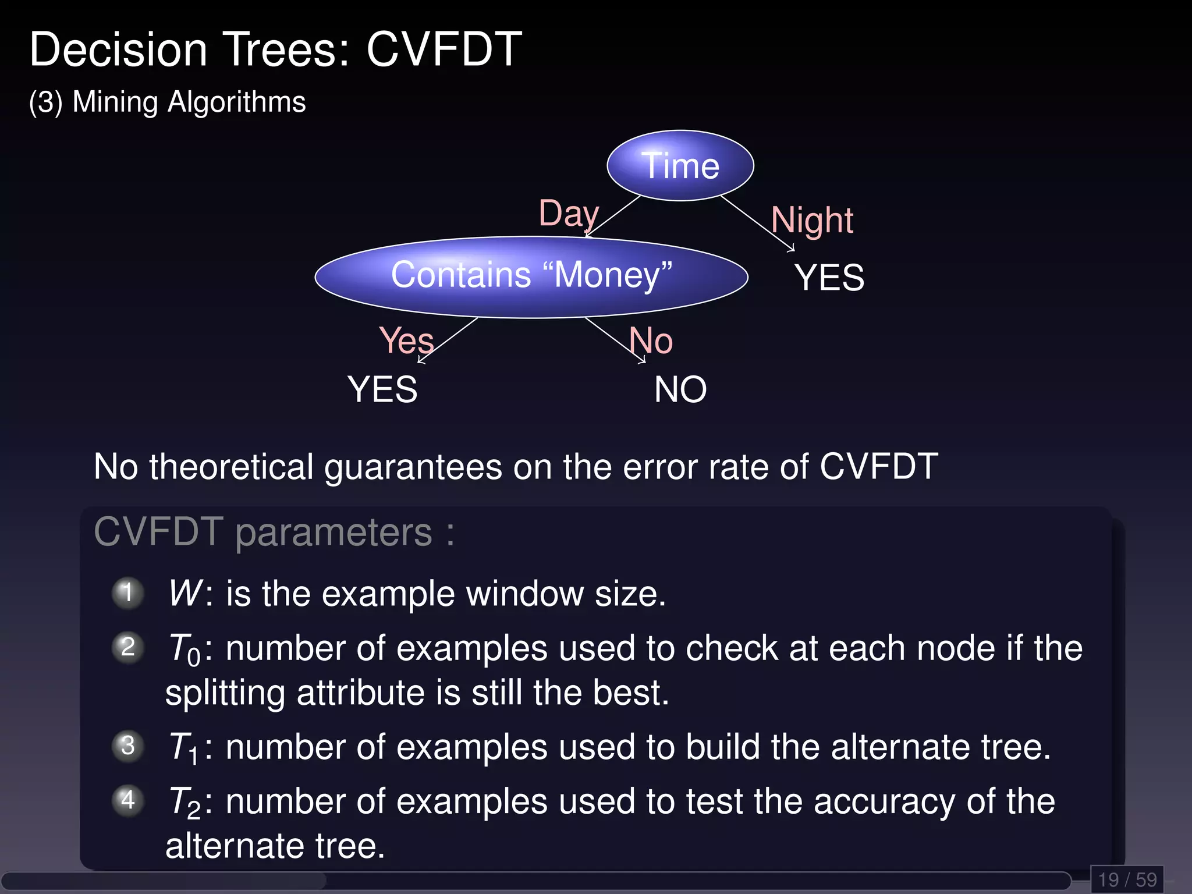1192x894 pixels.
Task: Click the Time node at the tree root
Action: (x=680, y=166)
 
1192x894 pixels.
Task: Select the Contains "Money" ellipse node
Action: (x=531, y=276)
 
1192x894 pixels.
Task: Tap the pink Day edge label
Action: (x=568, y=214)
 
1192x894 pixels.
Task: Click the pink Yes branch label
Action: (x=406, y=340)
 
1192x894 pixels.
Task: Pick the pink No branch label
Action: (x=651, y=340)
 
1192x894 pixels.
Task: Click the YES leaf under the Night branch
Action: (x=829, y=278)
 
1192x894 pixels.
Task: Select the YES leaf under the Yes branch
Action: (x=382, y=389)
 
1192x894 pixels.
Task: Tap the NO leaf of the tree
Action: (x=680, y=389)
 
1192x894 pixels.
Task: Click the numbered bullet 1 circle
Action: (x=128, y=593)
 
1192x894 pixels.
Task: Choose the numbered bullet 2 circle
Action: (x=128, y=647)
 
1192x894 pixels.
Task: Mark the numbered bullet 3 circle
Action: (x=128, y=746)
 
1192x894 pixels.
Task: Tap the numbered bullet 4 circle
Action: (x=128, y=800)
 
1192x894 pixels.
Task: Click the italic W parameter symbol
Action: (x=185, y=594)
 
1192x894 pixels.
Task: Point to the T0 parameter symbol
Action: (x=184, y=650)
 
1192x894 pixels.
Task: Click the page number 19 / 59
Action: (x=1127, y=879)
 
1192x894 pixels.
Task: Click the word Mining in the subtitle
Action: (x=115, y=102)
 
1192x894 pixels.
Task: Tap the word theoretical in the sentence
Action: (x=231, y=467)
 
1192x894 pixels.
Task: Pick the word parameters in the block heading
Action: (x=334, y=533)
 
